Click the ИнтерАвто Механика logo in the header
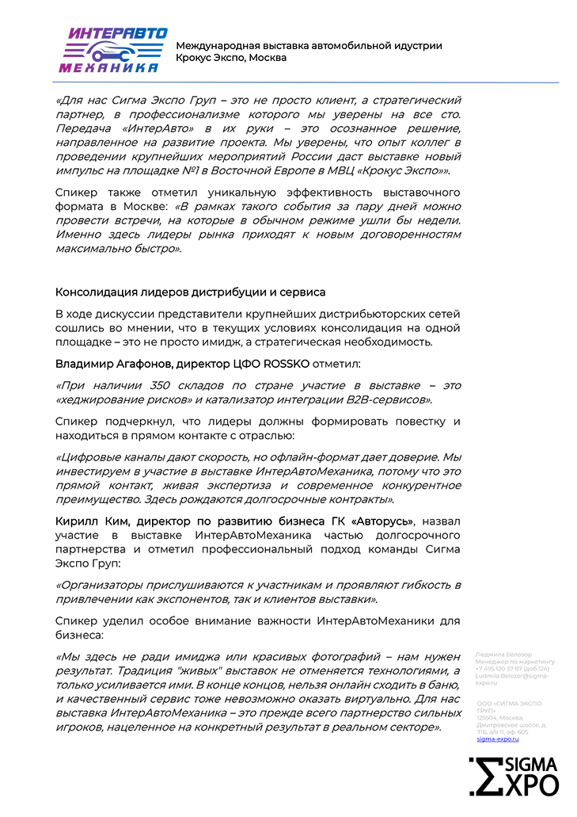coord(113,50)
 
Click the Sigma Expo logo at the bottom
coord(514,776)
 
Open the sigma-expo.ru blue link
coord(498,739)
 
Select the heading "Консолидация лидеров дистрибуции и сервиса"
coord(190,293)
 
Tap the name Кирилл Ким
coord(93,521)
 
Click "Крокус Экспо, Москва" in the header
coord(231,58)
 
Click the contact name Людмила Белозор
coord(504,655)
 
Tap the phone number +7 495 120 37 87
coord(502,669)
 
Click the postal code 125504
coord(488,716)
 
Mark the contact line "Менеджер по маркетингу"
coord(515,662)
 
